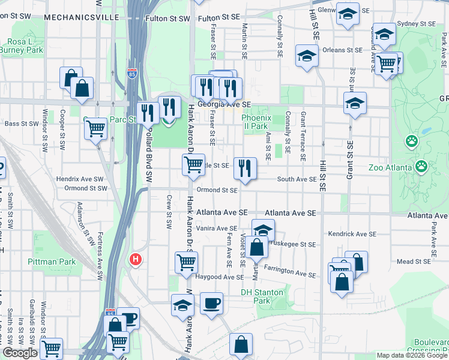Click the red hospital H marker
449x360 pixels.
coord(136,260)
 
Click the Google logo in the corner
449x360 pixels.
coord(19,353)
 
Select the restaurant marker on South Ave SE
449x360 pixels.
coord(244,167)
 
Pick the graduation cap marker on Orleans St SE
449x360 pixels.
coord(307,56)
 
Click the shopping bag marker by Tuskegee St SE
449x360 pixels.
coord(256,247)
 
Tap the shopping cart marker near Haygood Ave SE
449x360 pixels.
coord(186,262)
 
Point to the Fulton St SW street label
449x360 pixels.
coord(167,19)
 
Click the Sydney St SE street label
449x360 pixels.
coord(419,23)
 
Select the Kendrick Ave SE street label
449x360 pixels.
coord(352,233)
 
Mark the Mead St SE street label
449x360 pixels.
coord(414,262)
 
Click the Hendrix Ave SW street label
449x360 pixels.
coord(80,179)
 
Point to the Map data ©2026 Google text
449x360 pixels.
coord(412,355)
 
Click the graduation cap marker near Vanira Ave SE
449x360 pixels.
coord(262,229)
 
